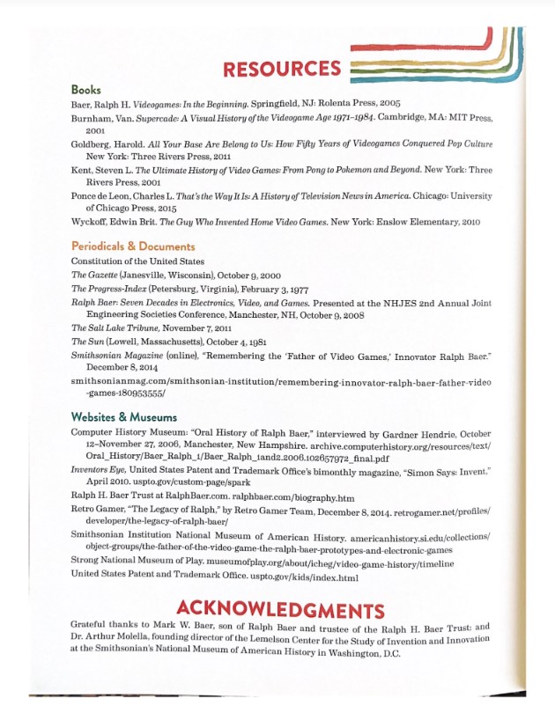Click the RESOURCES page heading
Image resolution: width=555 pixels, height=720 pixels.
tap(281, 69)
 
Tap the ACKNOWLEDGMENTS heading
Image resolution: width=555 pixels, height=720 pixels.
tap(280, 610)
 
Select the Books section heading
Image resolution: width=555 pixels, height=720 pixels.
tap(85, 90)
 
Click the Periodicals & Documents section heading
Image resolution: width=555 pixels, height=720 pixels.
tap(133, 246)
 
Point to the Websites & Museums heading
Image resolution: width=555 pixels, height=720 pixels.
tap(123, 416)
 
